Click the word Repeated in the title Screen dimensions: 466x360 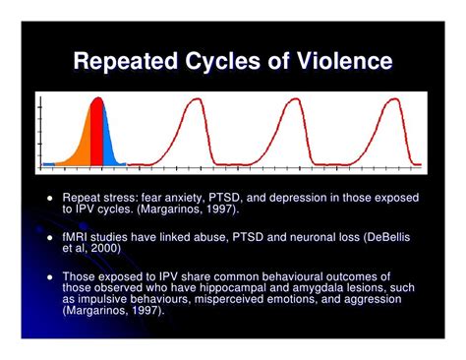point(126,61)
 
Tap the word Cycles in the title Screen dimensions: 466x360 point(223,62)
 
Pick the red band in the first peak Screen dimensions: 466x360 point(96,132)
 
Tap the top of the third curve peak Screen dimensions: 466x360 point(296,99)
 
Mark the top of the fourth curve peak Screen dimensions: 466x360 point(396,99)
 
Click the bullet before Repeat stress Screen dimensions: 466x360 point(50,198)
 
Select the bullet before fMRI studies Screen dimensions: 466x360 point(50,237)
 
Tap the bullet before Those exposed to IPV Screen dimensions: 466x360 point(50,277)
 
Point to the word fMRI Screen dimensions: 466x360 point(75,237)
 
